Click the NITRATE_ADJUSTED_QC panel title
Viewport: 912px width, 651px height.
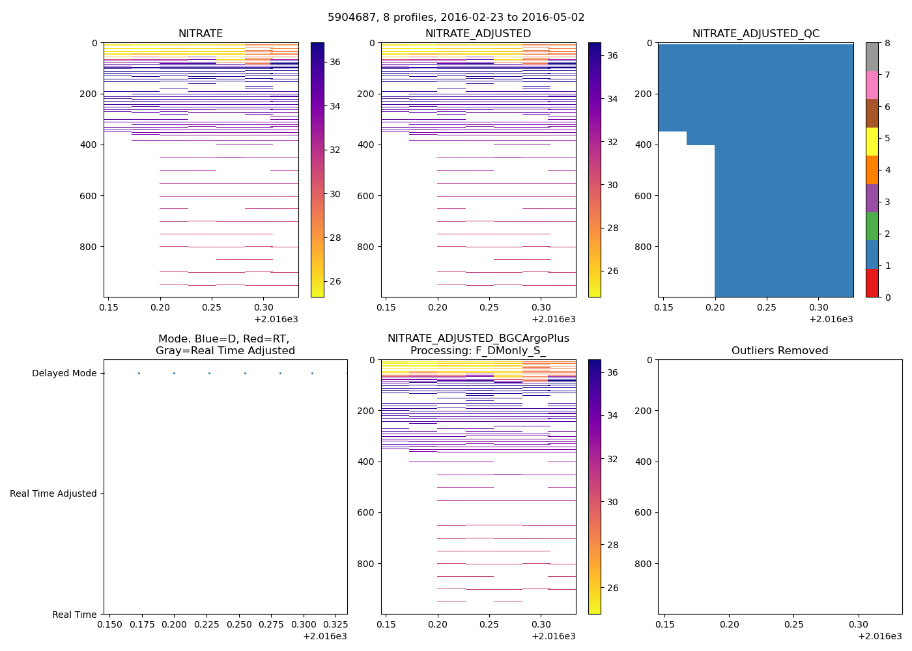click(756, 34)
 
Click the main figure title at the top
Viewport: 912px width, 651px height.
click(456, 18)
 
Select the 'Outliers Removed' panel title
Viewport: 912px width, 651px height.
click(780, 351)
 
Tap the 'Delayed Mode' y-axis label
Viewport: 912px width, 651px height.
click(64, 374)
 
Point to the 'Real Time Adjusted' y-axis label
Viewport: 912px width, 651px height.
click(53, 494)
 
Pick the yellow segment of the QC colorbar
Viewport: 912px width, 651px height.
click(872, 142)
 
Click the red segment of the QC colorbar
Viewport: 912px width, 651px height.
click(872, 283)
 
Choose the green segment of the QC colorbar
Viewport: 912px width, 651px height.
click(872, 227)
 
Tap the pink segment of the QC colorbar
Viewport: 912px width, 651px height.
click(872, 85)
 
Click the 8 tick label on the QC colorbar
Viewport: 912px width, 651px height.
click(887, 44)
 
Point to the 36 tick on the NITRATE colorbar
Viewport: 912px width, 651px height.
click(335, 62)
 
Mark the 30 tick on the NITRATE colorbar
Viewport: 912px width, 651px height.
click(335, 194)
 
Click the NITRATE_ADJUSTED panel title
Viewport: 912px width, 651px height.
click(478, 34)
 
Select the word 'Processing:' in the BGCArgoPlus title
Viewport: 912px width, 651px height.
click(438, 351)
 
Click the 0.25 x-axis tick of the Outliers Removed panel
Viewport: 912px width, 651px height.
click(793, 625)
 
